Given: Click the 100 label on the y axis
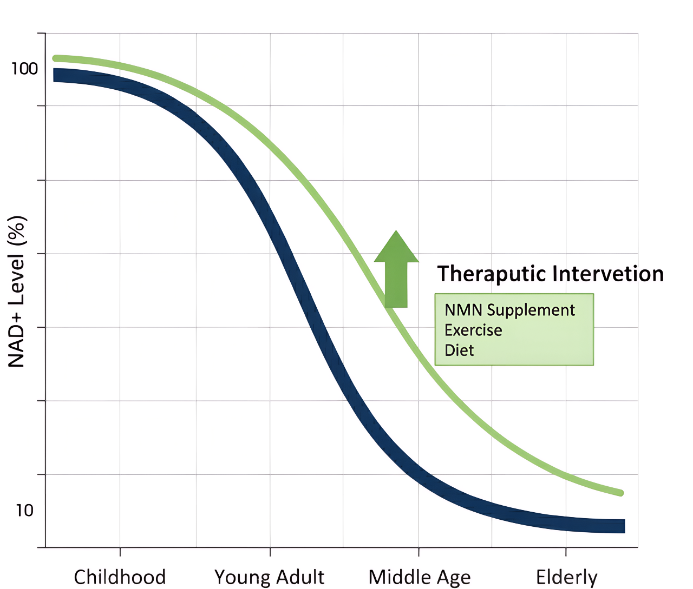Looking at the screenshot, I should pyautogui.click(x=25, y=69).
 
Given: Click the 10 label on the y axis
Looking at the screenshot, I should pyautogui.click(x=25, y=510).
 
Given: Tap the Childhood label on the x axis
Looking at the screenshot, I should pyautogui.click(x=120, y=577).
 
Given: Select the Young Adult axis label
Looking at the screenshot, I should pyautogui.click(x=270, y=577).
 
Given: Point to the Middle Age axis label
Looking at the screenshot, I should pyautogui.click(x=420, y=577).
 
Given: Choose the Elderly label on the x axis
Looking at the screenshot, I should pyautogui.click(x=566, y=577).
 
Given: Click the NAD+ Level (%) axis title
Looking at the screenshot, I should pyautogui.click(x=17, y=292).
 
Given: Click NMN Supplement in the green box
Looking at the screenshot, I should pyautogui.click(x=509, y=310).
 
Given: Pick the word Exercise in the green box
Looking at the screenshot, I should pyautogui.click(x=473, y=330).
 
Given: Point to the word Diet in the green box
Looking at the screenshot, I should pyautogui.click(x=459, y=350).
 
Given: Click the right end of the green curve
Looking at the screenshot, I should pyautogui.click(x=621, y=493).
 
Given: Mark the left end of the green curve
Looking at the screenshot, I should pyautogui.click(x=55, y=58).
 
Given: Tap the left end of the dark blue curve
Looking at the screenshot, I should pyautogui.click(x=55, y=75).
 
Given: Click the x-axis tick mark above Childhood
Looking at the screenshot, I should pyautogui.click(x=120, y=552).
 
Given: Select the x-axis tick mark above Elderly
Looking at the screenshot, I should pyautogui.click(x=566, y=552).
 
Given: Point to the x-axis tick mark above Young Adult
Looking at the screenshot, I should pyautogui.click(x=270, y=552).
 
